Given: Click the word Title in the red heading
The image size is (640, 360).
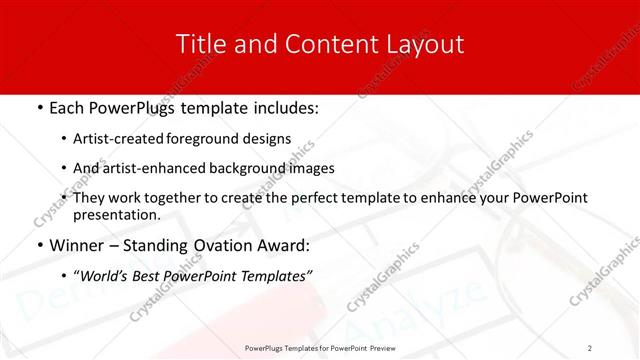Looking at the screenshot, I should click(199, 44).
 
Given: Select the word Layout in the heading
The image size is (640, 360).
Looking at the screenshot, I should click(423, 44).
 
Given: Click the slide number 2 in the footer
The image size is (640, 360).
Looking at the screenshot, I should click(590, 348).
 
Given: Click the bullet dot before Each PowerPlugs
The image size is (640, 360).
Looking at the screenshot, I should click(39, 108).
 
